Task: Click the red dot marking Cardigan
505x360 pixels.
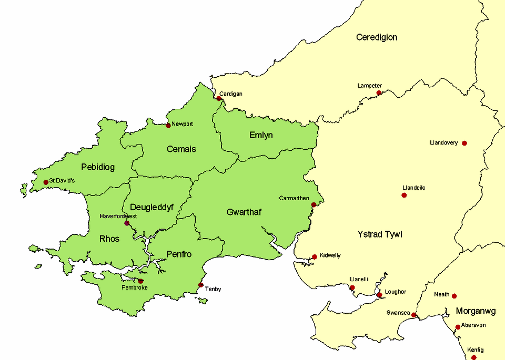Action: [219, 98]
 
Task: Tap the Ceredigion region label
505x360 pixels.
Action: [377, 37]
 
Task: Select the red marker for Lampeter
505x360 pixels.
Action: [379, 93]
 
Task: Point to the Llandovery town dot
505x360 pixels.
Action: [464, 143]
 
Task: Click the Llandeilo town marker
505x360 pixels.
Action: [404, 195]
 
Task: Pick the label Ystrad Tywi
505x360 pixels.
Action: [380, 234]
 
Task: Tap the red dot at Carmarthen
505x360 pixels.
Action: [314, 205]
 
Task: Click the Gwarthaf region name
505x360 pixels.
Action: [244, 212]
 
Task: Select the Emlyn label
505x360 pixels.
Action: [261, 135]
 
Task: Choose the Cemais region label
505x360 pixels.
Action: [181, 149]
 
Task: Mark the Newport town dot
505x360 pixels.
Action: [168, 125]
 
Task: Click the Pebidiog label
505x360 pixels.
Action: [98, 167]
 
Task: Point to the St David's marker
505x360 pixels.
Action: [46, 182]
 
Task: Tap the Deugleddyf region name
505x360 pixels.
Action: [151, 207]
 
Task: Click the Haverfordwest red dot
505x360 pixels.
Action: [127, 223]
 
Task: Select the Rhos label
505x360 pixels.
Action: [109, 239]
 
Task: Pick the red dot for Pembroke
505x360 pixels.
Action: [140, 281]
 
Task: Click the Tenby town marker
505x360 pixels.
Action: [201, 285]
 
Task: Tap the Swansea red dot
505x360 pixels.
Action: [414, 315]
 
